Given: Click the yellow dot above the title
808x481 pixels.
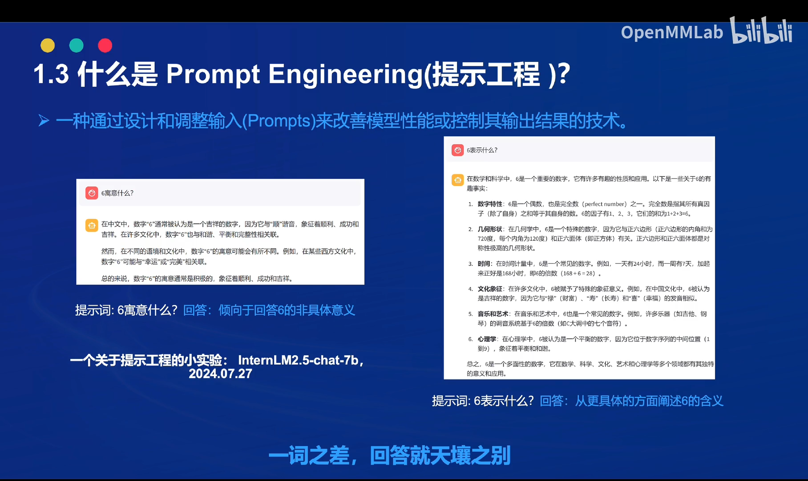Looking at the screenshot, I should coord(48,45).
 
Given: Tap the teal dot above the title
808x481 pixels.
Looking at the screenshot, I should coord(77,45).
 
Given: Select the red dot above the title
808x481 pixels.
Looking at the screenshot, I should coord(105,45).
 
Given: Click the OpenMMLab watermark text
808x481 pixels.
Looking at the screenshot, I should coord(672,33).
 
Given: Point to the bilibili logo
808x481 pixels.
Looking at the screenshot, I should coord(762,31).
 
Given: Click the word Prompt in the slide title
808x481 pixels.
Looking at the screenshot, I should coord(213,74).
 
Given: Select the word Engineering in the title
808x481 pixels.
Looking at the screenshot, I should coord(345,74).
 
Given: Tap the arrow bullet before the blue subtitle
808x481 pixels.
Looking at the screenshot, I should coord(44,121).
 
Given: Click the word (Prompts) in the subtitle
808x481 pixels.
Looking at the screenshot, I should coord(279,121).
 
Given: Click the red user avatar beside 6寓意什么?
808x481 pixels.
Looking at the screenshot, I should coord(92,193).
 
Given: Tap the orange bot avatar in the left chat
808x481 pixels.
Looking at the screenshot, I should coord(92,225).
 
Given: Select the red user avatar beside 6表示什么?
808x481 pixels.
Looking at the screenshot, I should coord(457,150).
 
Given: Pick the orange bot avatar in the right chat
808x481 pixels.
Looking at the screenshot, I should coord(457,180).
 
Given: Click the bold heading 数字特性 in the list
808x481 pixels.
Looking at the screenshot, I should coord(490,204).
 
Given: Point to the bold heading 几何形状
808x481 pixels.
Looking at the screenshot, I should coord(490,229).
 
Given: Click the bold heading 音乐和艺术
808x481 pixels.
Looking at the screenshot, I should coord(493,314).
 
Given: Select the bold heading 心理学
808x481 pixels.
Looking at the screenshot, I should coord(487,339).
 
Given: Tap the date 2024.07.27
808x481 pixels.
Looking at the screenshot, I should coord(220,374).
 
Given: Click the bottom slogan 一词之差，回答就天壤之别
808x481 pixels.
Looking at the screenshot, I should coord(389,456).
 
